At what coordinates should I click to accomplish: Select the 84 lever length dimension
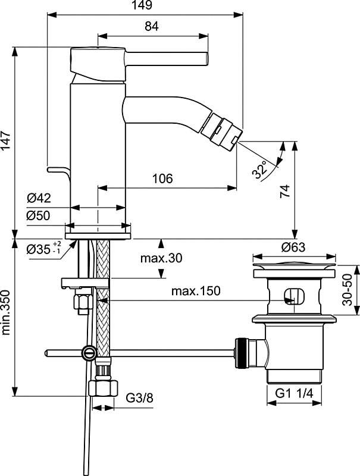point(152,26)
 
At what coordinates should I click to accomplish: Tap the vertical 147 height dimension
point(7,142)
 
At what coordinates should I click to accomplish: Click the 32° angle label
point(260,170)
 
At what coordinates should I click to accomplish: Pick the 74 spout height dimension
point(286,191)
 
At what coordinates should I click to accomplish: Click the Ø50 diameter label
point(39,217)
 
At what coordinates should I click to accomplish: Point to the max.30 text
point(161,258)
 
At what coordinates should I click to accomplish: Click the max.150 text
point(196,291)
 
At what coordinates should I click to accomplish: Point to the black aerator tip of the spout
point(222,127)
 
